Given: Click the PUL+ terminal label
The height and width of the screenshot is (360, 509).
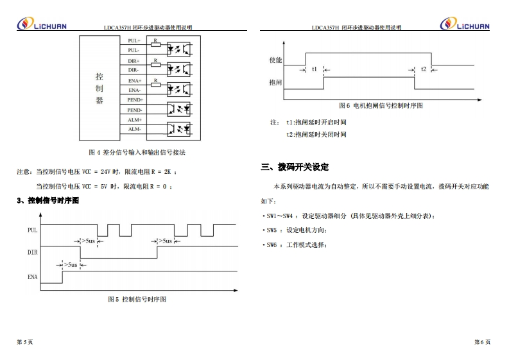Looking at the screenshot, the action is coord(134,40).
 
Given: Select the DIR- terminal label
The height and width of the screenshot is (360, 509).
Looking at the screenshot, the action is coord(134,70).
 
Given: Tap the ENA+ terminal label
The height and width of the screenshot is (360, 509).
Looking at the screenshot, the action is coord(134,80).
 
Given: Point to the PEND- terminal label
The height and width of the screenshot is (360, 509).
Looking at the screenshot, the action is coord(135,110).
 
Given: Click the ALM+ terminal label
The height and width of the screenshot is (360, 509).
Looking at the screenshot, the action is coord(134,120).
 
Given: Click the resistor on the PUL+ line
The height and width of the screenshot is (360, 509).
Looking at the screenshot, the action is coord(156,45).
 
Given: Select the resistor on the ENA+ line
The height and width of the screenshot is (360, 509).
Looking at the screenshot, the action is coord(156,85).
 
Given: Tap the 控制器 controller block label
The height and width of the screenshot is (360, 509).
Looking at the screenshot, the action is coord(99,88).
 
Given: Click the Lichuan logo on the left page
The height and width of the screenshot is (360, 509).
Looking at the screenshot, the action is coord(41,24).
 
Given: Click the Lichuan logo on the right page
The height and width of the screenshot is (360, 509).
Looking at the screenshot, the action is coord(465,24).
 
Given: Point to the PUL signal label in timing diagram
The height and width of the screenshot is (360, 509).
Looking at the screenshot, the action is coord(32,230).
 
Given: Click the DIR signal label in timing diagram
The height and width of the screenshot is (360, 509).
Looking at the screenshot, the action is coord(32,253).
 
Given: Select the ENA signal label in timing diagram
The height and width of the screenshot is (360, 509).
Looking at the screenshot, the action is coord(32,277).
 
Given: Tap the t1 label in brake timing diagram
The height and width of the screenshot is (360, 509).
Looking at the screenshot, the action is coord(314,69).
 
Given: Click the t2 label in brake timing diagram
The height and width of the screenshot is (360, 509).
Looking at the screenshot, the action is coord(423,69).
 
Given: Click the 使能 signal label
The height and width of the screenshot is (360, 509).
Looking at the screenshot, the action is coord(275,60).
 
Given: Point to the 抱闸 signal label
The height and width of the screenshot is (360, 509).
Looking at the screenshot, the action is coord(275,83).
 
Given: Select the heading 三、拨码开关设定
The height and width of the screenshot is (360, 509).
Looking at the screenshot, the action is coord(295,167).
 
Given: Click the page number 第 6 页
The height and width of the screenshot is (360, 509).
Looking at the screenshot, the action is coord(482,342).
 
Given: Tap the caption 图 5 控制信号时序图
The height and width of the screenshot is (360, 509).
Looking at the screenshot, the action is coord(137,299).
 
